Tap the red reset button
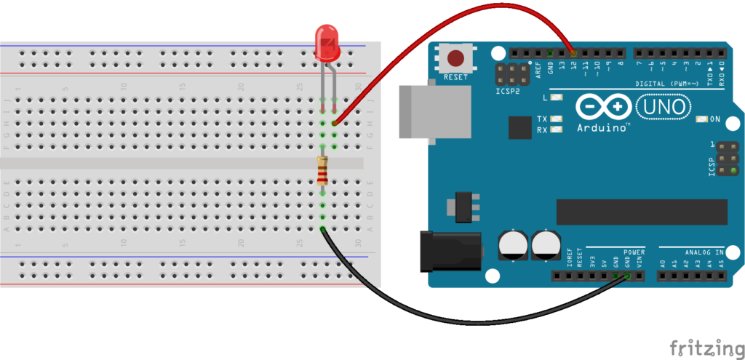click(x=456, y=58)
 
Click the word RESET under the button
click(x=456, y=76)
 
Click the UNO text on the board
click(x=663, y=108)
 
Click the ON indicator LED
click(x=703, y=119)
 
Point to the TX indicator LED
click(x=558, y=119)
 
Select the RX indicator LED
click(x=558, y=130)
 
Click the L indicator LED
click(x=558, y=97)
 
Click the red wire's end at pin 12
click(x=574, y=53)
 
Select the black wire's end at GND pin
click(x=628, y=276)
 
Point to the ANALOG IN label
click(x=699, y=252)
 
